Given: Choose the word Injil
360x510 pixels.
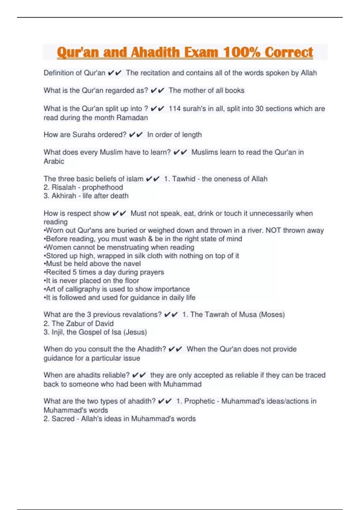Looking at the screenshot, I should pyautogui.click(x=58, y=332).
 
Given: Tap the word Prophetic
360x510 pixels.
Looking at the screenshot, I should pyautogui.click(x=199, y=401).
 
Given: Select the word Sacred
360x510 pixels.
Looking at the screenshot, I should pyautogui.click(x=63, y=419).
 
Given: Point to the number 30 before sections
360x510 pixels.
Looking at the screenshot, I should pyautogui.click(x=259, y=109).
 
